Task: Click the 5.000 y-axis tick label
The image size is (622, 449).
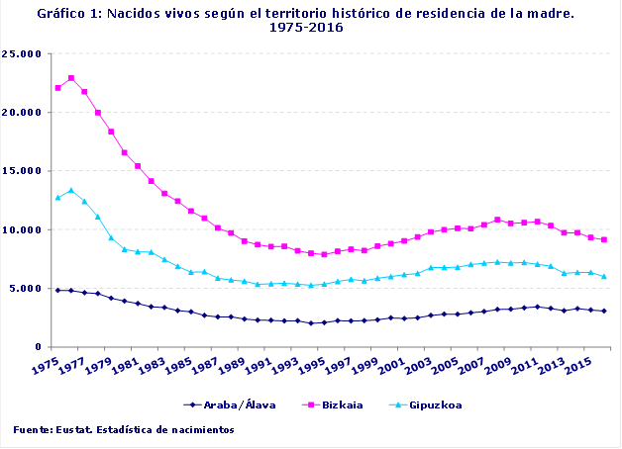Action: pos(27,289)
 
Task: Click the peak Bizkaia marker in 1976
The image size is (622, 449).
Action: pos(71,78)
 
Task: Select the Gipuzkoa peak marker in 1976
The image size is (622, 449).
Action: pos(71,190)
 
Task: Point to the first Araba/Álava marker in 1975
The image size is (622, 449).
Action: pos(57,290)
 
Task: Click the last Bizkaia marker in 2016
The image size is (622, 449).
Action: pos(604,239)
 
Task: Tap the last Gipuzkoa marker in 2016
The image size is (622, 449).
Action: pos(604,276)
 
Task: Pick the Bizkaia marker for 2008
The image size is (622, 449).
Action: pos(497,220)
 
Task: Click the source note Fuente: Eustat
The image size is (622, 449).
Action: pos(124,430)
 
